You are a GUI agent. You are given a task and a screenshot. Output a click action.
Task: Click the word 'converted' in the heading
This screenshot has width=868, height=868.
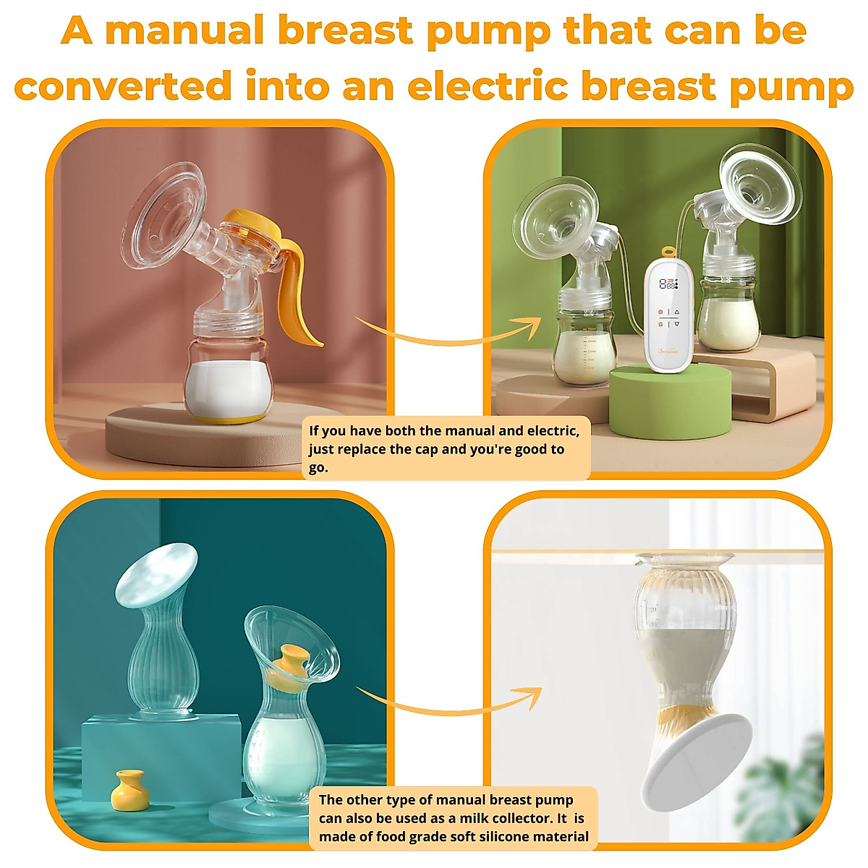tap(123, 87)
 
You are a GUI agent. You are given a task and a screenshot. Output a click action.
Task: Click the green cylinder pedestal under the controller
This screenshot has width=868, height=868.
tap(670, 401)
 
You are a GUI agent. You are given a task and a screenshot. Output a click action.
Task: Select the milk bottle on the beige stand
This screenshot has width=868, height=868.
tap(728, 311)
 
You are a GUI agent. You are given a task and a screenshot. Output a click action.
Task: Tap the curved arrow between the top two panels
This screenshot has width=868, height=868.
tap(448, 333)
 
